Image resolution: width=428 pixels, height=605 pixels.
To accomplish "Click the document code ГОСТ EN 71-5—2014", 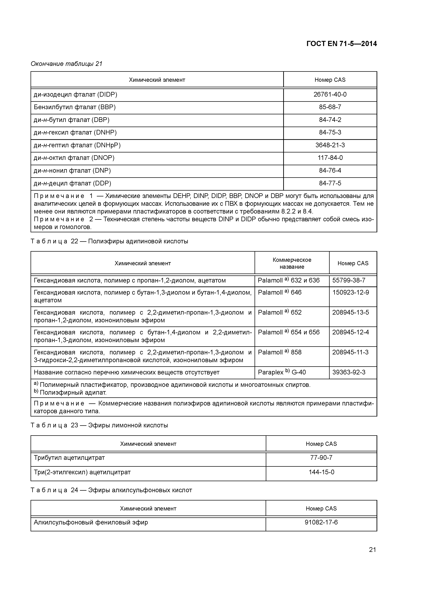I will click(x=342, y=44).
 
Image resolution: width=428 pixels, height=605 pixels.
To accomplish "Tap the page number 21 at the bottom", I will click(x=372, y=549).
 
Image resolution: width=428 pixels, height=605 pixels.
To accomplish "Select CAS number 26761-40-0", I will click(x=330, y=94).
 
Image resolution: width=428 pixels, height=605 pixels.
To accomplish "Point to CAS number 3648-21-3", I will click(x=330, y=145).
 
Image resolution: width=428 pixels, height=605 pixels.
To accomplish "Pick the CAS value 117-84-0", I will click(x=330, y=158).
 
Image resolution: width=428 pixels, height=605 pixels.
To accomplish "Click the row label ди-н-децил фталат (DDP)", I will click(x=72, y=183).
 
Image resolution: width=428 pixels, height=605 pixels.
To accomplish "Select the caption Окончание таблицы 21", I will click(x=66, y=64).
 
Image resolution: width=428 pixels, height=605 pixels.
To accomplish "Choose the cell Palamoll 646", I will click(x=280, y=292).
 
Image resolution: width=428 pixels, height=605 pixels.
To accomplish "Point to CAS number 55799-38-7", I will click(x=349, y=280).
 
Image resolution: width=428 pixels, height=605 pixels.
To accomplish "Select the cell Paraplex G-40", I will click(x=282, y=372).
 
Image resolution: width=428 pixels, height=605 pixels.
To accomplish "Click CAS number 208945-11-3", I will click(x=350, y=352).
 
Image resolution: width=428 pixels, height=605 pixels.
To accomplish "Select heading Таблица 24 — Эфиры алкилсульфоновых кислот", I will click(x=111, y=490).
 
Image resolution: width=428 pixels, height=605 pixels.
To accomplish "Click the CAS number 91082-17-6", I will click(x=321, y=522).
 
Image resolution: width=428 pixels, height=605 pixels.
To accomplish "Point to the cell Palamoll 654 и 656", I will click(x=289, y=332).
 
